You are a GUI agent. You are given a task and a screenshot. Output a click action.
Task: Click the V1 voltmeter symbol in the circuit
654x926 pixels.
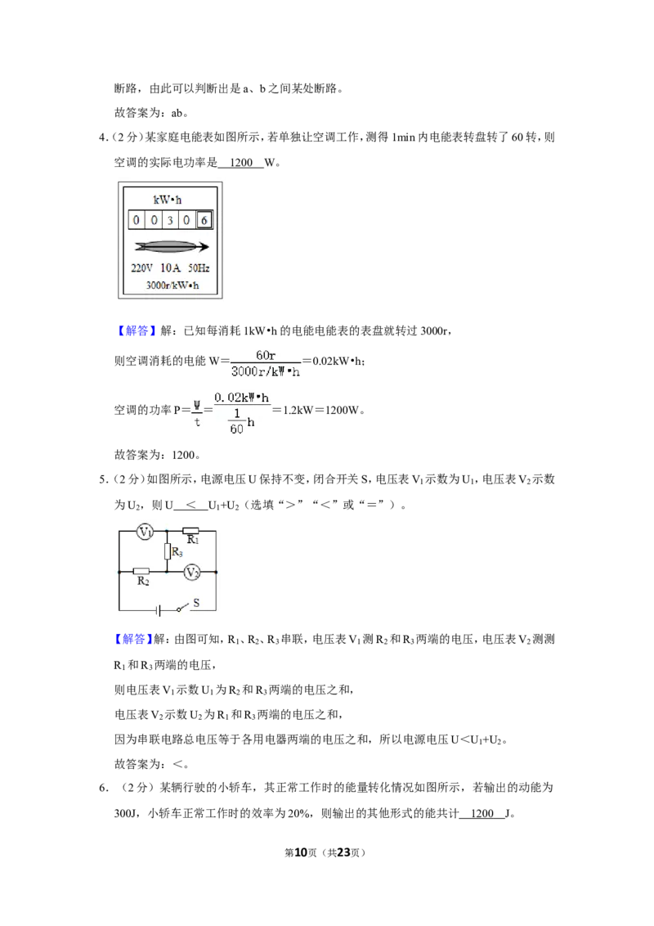click(145, 532)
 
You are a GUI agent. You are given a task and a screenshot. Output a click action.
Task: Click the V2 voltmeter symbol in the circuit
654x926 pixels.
click(192, 573)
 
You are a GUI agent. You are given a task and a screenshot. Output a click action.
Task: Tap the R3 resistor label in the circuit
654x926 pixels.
click(177, 552)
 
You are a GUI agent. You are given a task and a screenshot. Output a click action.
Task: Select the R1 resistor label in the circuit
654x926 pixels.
click(193, 540)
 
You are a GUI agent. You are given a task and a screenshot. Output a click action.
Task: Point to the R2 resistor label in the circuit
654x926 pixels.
click(143, 581)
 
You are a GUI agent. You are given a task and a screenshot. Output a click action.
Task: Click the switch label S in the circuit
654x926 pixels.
click(196, 602)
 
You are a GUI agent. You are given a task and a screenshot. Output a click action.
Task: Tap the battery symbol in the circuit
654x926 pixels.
click(159, 610)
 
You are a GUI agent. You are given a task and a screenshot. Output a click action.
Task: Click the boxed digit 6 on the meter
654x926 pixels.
click(204, 220)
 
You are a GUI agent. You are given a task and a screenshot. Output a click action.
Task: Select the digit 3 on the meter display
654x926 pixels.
click(170, 220)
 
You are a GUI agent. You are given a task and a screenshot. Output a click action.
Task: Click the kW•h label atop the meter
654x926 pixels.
click(168, 200)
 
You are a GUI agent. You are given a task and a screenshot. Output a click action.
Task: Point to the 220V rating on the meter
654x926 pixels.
click(141, 268)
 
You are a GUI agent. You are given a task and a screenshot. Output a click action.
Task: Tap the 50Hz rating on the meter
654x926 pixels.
click(199, 268)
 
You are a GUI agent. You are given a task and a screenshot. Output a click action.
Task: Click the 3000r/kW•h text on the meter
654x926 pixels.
click(172, 285)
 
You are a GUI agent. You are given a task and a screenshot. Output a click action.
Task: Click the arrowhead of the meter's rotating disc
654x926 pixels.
click(204, 247)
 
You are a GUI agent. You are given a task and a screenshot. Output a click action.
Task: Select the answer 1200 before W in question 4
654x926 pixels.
click(241, 163)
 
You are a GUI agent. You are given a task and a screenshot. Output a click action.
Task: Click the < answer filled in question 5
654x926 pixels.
click(191, 505)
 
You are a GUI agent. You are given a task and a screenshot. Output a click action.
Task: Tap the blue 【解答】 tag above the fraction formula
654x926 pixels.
click(134, 330)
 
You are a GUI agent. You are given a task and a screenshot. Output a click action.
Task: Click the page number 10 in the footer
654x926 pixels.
click(301, 852)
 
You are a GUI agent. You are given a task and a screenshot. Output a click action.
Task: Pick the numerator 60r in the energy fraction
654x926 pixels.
click(266, 355)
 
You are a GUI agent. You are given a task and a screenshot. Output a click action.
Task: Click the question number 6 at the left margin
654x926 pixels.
click(103, 788)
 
